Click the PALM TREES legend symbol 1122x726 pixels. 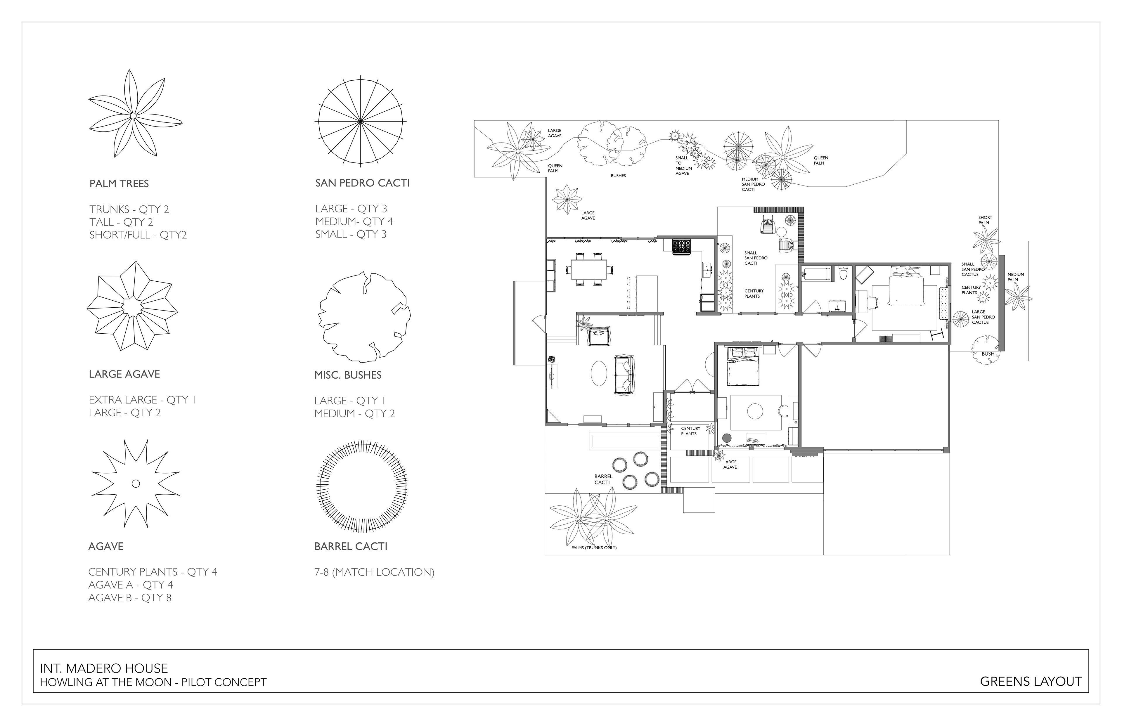(134, 115)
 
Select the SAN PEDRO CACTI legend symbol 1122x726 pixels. (361, 122)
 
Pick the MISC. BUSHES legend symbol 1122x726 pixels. (364, 317)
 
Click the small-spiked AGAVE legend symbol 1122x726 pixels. (136, 483)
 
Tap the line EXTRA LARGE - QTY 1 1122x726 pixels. (142, 400)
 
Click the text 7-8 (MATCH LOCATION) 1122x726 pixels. (374, 572)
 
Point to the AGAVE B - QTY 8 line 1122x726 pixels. (130, 598)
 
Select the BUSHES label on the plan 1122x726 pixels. (618, 176)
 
